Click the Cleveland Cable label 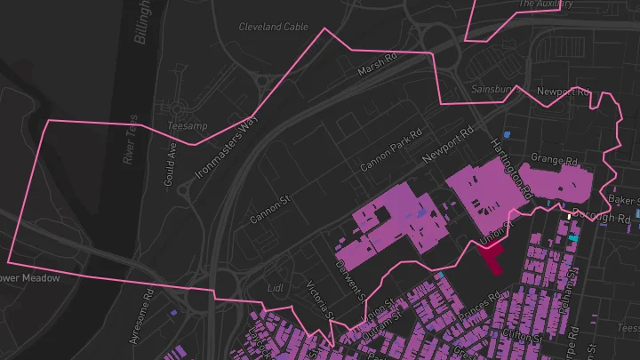pyautogui.click(x=273, y=27)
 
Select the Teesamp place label pyautogui.click(x=187, y=126)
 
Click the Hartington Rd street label pyautogui.click(x=510, y=167)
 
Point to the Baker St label pyautogui.click(x=624, y=201)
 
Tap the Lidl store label pyautogui.click(x=276, y=288)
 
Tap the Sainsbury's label pyautogui.click(x=494, y=90)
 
